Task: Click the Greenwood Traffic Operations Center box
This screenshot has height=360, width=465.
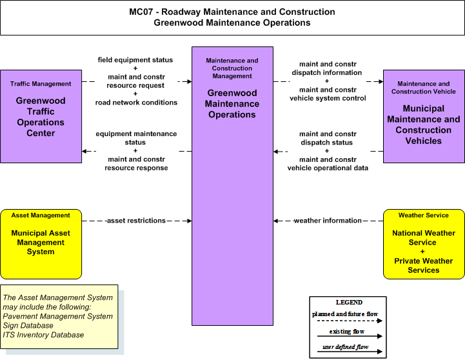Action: (41, 116)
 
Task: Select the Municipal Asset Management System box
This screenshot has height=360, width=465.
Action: (41, 244)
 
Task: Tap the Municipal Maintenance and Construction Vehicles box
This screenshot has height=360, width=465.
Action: (424, 116)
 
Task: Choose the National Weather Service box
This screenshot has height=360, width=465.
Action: (424, 244)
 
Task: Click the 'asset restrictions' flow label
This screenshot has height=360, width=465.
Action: (136, 221)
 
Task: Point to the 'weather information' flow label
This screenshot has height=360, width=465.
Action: (328, 221)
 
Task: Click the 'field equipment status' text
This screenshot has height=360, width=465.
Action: (135, 60)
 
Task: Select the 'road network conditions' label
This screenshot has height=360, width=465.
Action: (136, 103)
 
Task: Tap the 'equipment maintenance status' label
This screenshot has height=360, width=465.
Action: (136, 138)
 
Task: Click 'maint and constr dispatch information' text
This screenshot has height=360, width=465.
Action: (327, 68)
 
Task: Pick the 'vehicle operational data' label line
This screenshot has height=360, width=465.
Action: (328, 168)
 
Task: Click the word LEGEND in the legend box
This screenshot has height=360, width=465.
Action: (349, 302)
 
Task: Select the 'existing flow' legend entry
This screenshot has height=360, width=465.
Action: (347, 332)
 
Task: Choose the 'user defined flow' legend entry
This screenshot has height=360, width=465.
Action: (346, 347)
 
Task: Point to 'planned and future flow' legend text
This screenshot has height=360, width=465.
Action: (345, 314)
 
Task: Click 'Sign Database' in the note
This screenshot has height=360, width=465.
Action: (28, 325)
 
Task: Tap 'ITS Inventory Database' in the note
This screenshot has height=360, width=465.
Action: (43, 335)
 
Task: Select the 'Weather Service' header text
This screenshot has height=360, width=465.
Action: (424, 215)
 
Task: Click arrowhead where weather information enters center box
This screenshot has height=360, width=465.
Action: (275, 221)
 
